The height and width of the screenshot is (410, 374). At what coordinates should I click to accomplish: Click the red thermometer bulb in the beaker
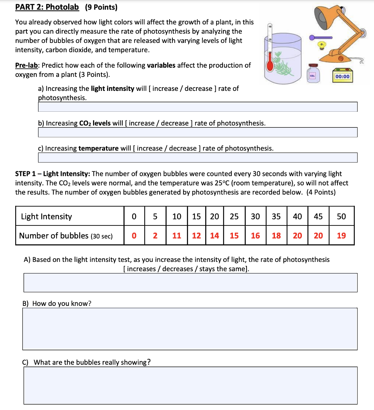pos(270,66)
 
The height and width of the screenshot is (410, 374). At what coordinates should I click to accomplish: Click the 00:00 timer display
pos(342,76)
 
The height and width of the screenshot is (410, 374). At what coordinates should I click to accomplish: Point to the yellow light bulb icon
pos(321,44)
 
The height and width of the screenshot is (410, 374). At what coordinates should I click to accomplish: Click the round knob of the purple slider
pos(311,37)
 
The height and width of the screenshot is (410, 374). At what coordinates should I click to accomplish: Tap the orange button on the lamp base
pos(341,59)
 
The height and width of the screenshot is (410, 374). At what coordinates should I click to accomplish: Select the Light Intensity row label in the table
pos(46,217)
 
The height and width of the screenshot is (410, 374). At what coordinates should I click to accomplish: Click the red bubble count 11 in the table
pos(177,236)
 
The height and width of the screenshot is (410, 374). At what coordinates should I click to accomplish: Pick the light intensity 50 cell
pos(341,217)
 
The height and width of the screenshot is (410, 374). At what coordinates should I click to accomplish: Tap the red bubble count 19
pos(341,236)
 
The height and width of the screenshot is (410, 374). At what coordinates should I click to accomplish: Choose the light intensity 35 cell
pos(276,217)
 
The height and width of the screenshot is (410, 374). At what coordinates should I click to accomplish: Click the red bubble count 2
pos(155,236)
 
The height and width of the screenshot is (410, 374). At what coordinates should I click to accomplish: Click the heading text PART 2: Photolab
pos(47,7)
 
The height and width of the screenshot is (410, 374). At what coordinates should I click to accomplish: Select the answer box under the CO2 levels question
pos(197,132)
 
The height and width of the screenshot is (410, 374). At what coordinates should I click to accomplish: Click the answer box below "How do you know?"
pos(190,328)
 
